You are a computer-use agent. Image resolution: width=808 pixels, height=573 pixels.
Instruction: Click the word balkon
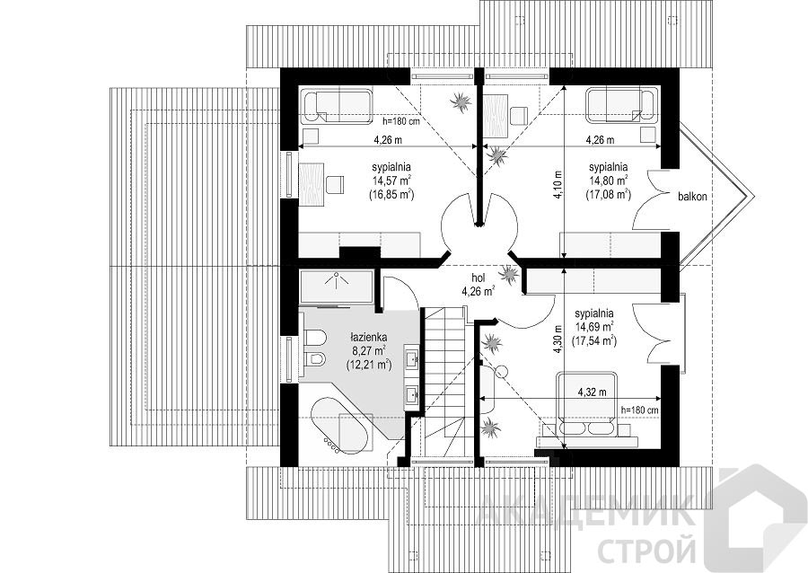(692, 197)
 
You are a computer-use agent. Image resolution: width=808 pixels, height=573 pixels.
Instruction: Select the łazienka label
(368, 338)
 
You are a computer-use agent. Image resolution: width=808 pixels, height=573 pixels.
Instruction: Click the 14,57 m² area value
(391, 181)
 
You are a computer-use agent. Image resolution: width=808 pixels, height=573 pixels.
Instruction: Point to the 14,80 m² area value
(608, 181)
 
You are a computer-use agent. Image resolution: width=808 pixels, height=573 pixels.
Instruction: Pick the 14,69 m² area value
(594, 326)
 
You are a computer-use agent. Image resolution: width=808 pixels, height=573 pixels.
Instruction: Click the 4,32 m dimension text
(593, 392)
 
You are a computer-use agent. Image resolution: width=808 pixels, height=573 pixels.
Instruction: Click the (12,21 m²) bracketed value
(369, 366)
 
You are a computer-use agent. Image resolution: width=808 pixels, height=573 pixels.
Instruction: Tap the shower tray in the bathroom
(336, 286)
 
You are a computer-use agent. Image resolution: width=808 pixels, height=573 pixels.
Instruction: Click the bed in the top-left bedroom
(336, 107)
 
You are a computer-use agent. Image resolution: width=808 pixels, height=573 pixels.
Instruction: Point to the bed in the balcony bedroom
(622, 106)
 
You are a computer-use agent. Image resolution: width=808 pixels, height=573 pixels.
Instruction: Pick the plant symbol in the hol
(509, 275)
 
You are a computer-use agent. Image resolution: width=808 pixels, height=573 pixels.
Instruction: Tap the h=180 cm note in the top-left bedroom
(401, 122)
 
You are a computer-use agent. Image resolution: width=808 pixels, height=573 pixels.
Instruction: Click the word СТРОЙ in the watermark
(646, 550)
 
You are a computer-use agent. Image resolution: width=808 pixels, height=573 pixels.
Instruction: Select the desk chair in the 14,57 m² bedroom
(334, 184)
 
